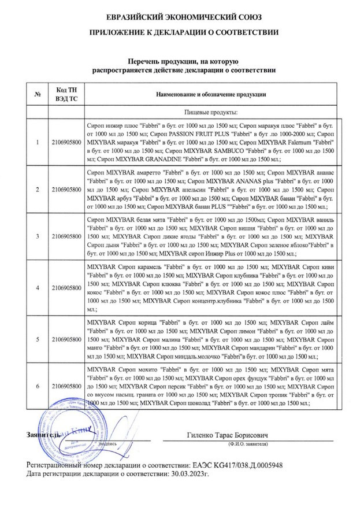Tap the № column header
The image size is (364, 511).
click(38, 94)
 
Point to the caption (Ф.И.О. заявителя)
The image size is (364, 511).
click(247, 444)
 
